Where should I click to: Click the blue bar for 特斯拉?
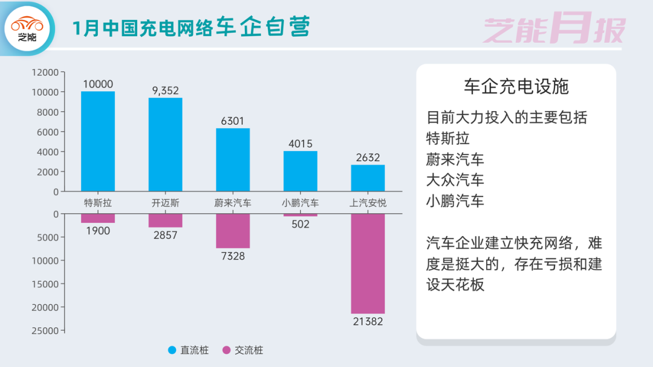coord(98,141)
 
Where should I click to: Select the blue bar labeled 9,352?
coord(165,144)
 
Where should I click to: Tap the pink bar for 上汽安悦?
coord(368,263)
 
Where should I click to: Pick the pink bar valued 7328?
coord(233,231)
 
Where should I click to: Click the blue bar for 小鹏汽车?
coord(301,171)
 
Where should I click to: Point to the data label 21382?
coord(368,322)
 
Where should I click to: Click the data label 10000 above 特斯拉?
coord(98,85)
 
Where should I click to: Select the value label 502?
coord(300,225)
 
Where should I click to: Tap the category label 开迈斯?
coord(165,203)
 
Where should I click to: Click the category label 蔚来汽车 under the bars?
coord(233,203)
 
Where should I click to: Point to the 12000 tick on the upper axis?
coord(45,72)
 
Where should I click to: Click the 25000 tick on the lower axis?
coord(45,331)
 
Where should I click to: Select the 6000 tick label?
coord(48,132)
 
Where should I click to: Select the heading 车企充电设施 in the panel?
coord(516,86)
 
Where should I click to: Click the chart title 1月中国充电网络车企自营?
coord(191,28)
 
